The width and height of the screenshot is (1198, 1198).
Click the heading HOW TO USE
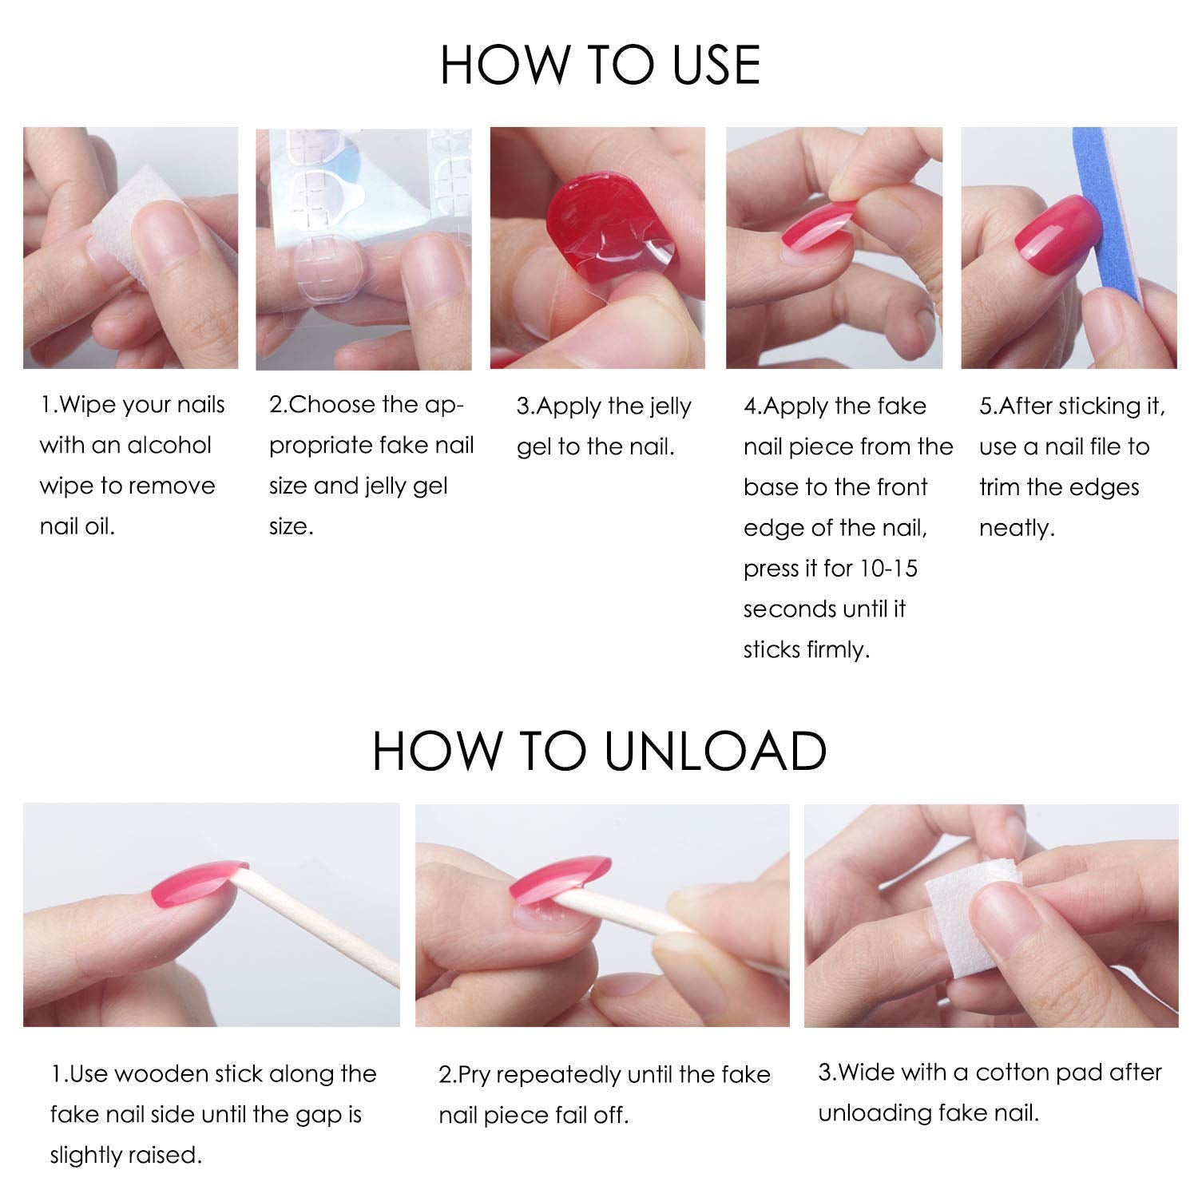click(x=599, y=65)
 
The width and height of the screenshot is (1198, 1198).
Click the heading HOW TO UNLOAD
click(x=599, y=750)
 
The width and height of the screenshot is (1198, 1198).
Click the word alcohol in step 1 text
click(x=164, y=446)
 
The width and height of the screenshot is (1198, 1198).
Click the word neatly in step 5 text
click(x=1016, y=528)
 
